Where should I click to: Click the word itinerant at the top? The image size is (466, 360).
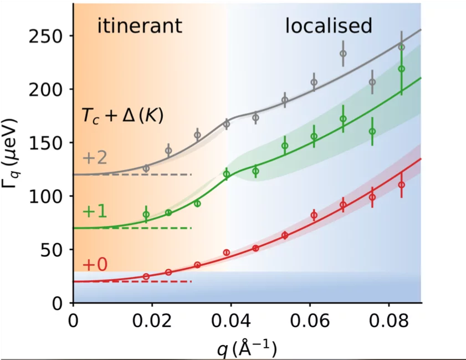pos(140,25)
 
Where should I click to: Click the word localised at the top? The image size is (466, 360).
pos(328,25)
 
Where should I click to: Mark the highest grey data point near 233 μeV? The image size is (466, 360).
pos(343,54)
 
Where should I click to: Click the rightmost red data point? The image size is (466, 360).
pos(402,185)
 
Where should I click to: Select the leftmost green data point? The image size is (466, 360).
pos(146,214)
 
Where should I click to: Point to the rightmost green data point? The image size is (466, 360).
pos(402,69)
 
